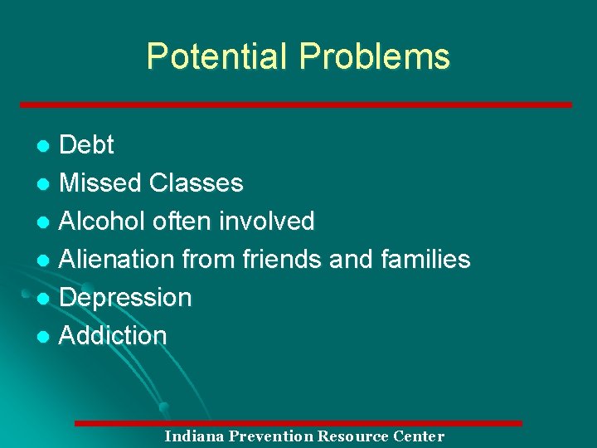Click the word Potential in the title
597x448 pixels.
click(x=218, y=56)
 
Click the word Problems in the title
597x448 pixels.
click(x=375, y=56)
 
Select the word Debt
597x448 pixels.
click(x=87, y=145)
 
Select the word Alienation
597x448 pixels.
click(x=117, y=260)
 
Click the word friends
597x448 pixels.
click(x=282, y=260)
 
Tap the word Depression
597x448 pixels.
click(x=125, y=298)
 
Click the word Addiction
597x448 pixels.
click(x=113, y=336)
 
